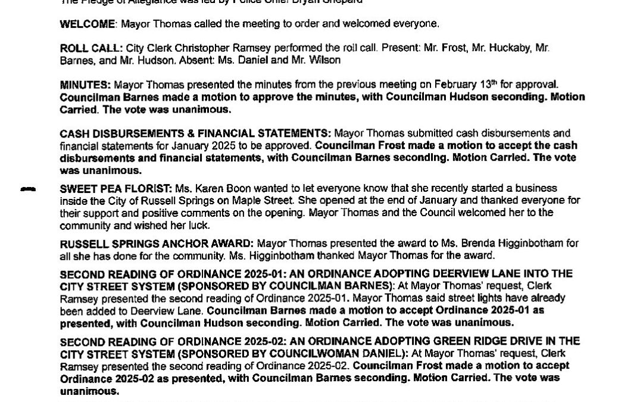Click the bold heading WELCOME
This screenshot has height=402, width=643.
(87, 24)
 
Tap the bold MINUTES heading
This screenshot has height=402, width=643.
(85, 85)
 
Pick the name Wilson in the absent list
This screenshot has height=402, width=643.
(324, 60)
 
